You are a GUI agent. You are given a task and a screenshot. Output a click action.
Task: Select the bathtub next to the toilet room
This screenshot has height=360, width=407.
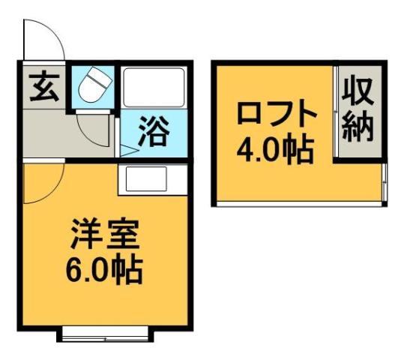pyautogui.click(x=153, y=89)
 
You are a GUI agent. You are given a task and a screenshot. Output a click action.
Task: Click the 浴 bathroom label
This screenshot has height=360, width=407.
pyautogui.click(x=154, y=133)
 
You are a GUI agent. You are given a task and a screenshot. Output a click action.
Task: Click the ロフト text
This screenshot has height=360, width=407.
pyautogui.click(x=273, y=116)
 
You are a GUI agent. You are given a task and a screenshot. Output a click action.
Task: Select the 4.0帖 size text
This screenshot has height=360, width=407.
pyautogui.click(x=273, y=151)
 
